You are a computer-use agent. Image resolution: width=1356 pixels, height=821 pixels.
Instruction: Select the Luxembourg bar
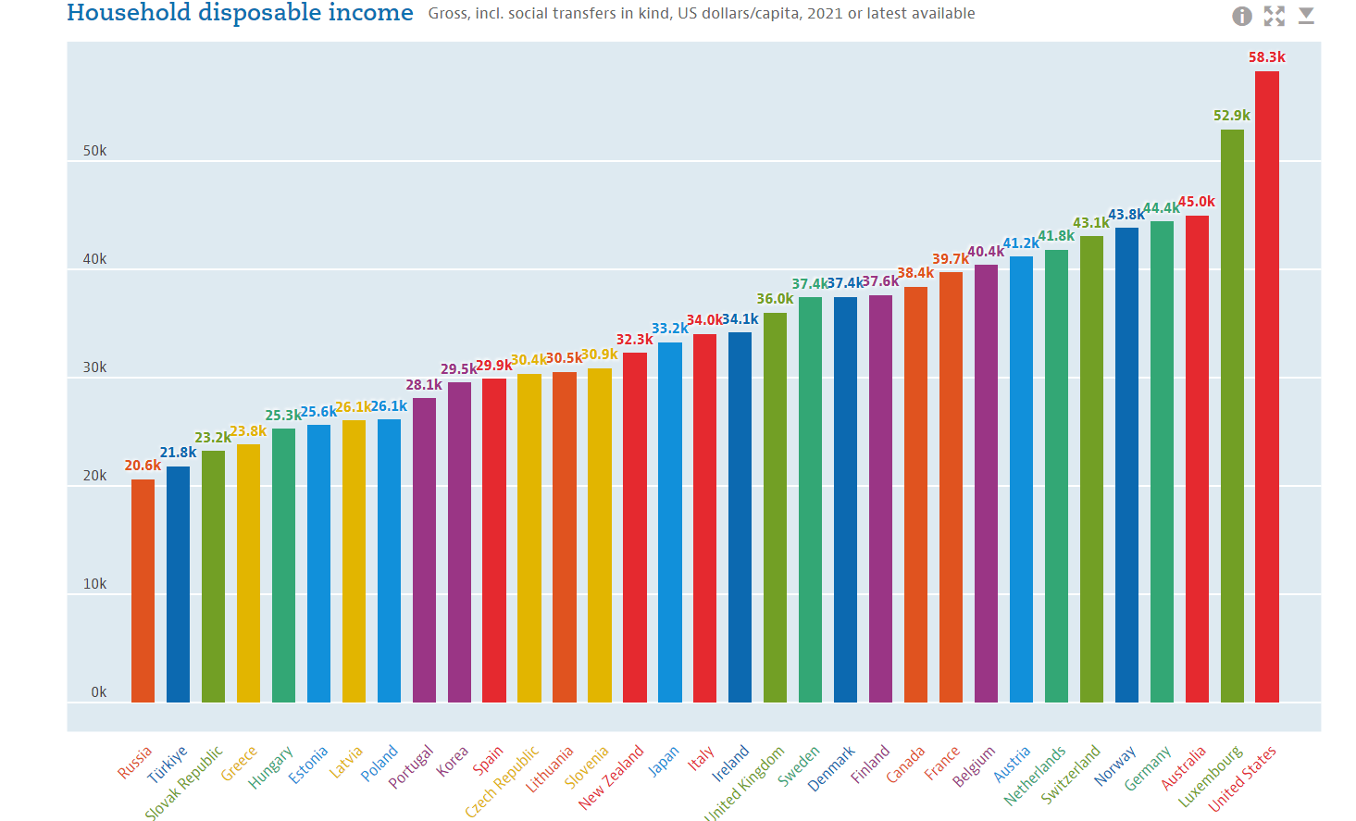click(x=1232, y=416)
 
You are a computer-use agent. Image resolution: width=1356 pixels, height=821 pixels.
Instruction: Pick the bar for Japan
click(x=669, y=522)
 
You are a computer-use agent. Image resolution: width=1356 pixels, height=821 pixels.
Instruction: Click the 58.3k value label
click(x=1266, y=57)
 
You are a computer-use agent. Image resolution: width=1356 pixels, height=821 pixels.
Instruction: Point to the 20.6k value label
click(x=143, y=466)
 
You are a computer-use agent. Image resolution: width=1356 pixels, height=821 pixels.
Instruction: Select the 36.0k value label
click(x=775, y=299)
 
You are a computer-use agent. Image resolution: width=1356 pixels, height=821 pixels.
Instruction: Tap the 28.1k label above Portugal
click(x=424, y=385)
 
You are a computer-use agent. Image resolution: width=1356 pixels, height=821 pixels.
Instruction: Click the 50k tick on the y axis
click(x=94, y=151)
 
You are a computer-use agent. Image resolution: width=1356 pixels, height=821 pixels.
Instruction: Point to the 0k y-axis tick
click(x=98, y=692)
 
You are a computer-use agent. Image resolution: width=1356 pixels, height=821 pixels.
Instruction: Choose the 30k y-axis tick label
click(x=94, y=367)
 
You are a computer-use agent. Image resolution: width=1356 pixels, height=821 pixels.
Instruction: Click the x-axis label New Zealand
click(x=611, y=777)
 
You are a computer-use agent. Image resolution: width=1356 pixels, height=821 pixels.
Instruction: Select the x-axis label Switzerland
click(x=1071, y=774)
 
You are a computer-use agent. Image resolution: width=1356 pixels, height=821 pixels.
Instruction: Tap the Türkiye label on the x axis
click(x=168, y=765)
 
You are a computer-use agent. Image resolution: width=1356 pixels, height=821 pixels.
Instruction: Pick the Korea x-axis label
click(x=453, y=761)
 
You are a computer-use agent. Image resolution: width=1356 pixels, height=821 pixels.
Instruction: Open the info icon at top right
click(x=1242, y=16)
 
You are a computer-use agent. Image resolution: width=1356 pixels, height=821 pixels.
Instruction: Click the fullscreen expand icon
click(x=1275, y=16)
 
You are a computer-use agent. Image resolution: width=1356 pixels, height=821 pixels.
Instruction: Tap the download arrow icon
click(x=1306, y=16)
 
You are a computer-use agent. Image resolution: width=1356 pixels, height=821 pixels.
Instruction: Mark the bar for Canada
click(x=915, y=494)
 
